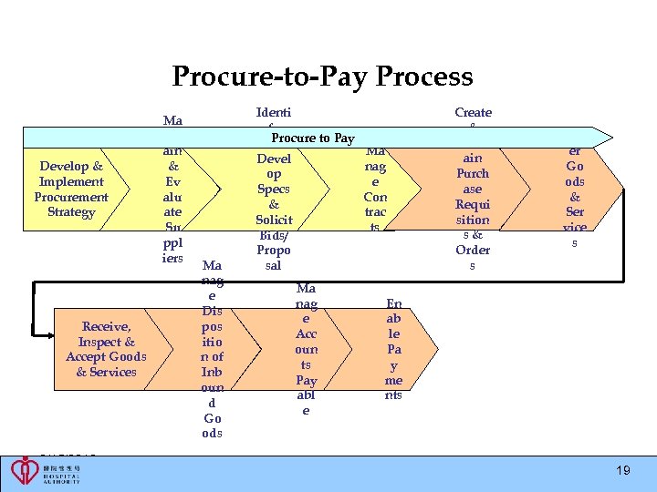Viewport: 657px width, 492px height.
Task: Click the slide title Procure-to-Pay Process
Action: pos(322,77)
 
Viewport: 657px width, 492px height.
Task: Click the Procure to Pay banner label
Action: pos(312,138)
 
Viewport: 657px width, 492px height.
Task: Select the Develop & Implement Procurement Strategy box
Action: pos(71,190)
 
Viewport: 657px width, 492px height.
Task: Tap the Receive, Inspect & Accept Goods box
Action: pos(106,349)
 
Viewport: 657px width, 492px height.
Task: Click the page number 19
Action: pos(622,470)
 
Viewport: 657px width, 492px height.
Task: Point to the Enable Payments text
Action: pos(393,349)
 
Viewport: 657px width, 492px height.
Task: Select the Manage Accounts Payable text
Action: pos(306,349)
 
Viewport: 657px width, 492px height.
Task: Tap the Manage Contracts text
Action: pos(375,189)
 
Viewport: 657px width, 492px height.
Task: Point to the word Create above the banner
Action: pos(473,113)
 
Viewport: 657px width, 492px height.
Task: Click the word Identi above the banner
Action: pos(274,113)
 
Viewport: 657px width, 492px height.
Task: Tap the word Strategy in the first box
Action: pos(71,212)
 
